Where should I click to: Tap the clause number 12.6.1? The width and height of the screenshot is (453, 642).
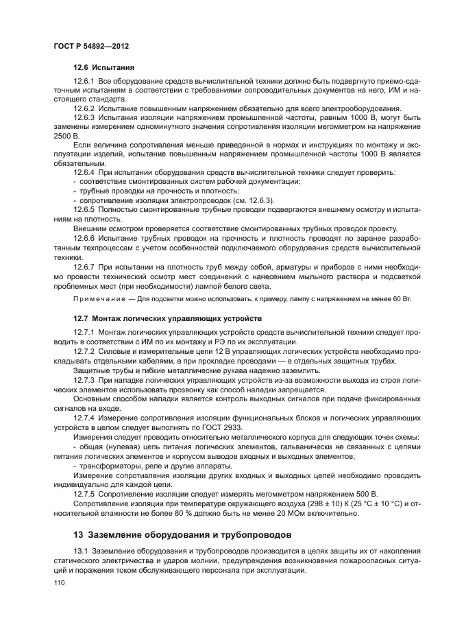(84, 82)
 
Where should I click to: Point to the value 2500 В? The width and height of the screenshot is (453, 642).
(65, 136)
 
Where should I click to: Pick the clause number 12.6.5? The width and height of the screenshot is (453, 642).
(84, 209)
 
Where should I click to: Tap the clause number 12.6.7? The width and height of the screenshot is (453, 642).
(84, 263)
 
